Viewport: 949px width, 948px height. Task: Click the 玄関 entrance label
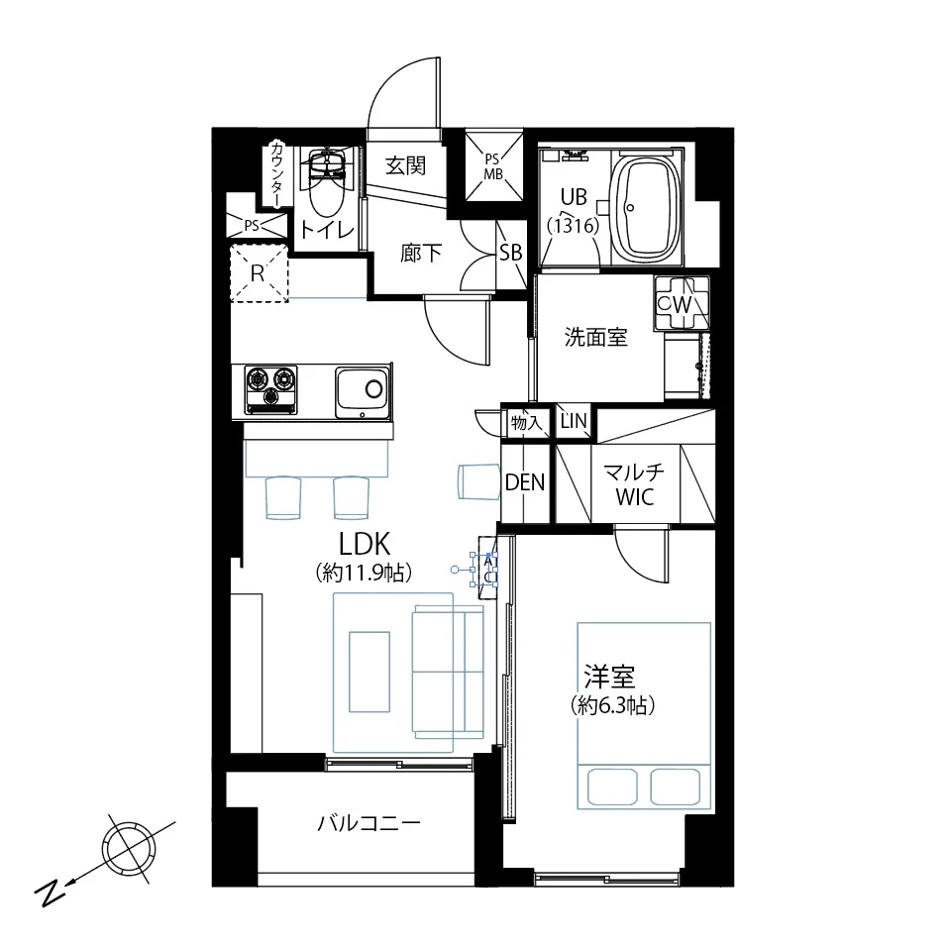405,165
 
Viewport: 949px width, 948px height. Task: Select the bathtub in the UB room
647,207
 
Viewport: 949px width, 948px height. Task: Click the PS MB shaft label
492,166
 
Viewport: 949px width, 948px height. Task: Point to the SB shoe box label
510,253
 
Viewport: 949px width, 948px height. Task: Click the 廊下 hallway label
421,253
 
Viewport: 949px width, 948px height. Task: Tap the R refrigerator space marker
258,273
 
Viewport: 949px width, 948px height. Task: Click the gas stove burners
270,388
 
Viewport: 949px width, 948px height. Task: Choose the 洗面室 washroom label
595,337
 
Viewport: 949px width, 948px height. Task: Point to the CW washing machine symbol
682,303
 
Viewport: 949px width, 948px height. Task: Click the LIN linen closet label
574,421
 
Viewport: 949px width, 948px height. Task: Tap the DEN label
525,482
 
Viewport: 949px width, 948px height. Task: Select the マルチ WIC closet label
634,484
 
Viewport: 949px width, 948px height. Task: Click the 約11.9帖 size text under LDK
364,573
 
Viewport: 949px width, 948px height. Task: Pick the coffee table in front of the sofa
369,672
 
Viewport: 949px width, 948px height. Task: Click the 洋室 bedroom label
609,677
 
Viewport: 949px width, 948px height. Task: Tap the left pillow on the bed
612,787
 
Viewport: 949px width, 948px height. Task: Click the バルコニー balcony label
369,823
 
